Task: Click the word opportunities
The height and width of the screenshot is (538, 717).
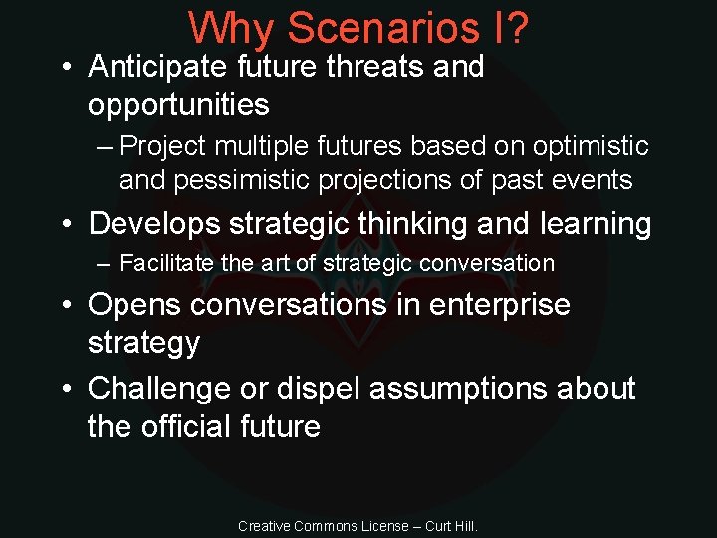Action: [178, 104]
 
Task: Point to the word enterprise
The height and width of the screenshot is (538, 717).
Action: [500, 304]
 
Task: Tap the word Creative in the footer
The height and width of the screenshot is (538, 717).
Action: [264, 525]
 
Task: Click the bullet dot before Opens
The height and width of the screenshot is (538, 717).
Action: [65, 305]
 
